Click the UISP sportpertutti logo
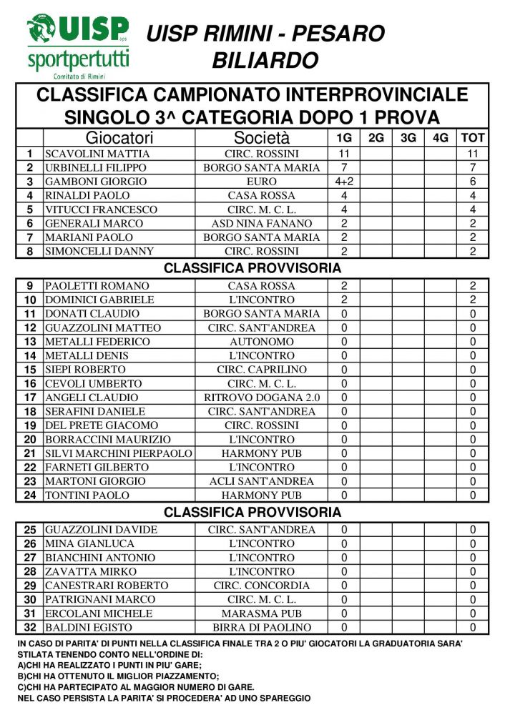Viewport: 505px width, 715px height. (x=78, y=46)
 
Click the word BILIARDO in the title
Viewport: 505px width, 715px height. (x=265, y=61)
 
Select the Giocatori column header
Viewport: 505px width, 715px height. (x=119, y=138)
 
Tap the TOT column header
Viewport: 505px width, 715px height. (x=473, y=138)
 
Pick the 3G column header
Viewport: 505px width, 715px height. (x=408, y=138)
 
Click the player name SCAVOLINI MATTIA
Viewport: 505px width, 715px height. (x=97, y=154)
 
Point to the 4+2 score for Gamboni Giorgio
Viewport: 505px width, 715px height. (x=344, y=182)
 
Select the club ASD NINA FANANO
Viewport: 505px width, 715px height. (x=261, y=223)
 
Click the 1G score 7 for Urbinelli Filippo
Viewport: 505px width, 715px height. (x=344, y=167)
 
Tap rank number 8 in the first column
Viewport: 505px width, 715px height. (x=29, y=251)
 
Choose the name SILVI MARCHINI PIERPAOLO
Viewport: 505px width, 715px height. (x=119, y=453)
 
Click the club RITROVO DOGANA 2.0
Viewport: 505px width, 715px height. (x=261, y=398)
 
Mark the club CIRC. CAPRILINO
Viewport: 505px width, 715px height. (x=261, y=370)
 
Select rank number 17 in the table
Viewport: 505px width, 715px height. (x=29, y=398)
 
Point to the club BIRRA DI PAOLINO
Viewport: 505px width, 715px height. (x=261, y=628)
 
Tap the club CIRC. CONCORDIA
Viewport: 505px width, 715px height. (x=261, y=586)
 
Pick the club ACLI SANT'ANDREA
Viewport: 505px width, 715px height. (x=261, y=481)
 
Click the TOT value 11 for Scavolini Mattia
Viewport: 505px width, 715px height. (x=473, y=154)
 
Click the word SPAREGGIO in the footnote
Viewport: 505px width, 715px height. (x=283, y=698)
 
